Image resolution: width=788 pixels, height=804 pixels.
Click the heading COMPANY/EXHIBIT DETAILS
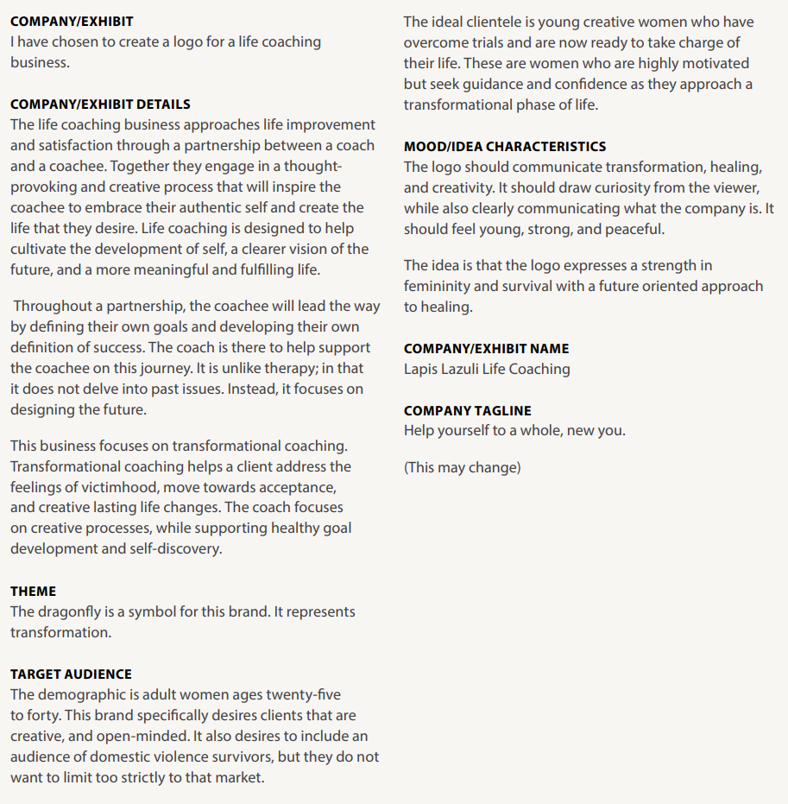[100, 104]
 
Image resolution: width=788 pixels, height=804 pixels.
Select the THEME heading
[33, 592]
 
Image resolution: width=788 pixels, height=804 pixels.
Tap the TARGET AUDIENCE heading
[71, 674]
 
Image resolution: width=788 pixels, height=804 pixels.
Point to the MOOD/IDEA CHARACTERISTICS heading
[505, 147]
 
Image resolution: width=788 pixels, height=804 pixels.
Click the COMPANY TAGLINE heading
[468, 411]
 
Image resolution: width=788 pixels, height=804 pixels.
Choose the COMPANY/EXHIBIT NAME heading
[486, 349]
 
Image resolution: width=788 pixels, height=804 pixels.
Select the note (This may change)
[462, 468]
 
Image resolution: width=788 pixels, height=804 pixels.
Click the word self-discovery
[179, 549]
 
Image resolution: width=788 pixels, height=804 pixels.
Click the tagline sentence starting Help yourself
[514, 431]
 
